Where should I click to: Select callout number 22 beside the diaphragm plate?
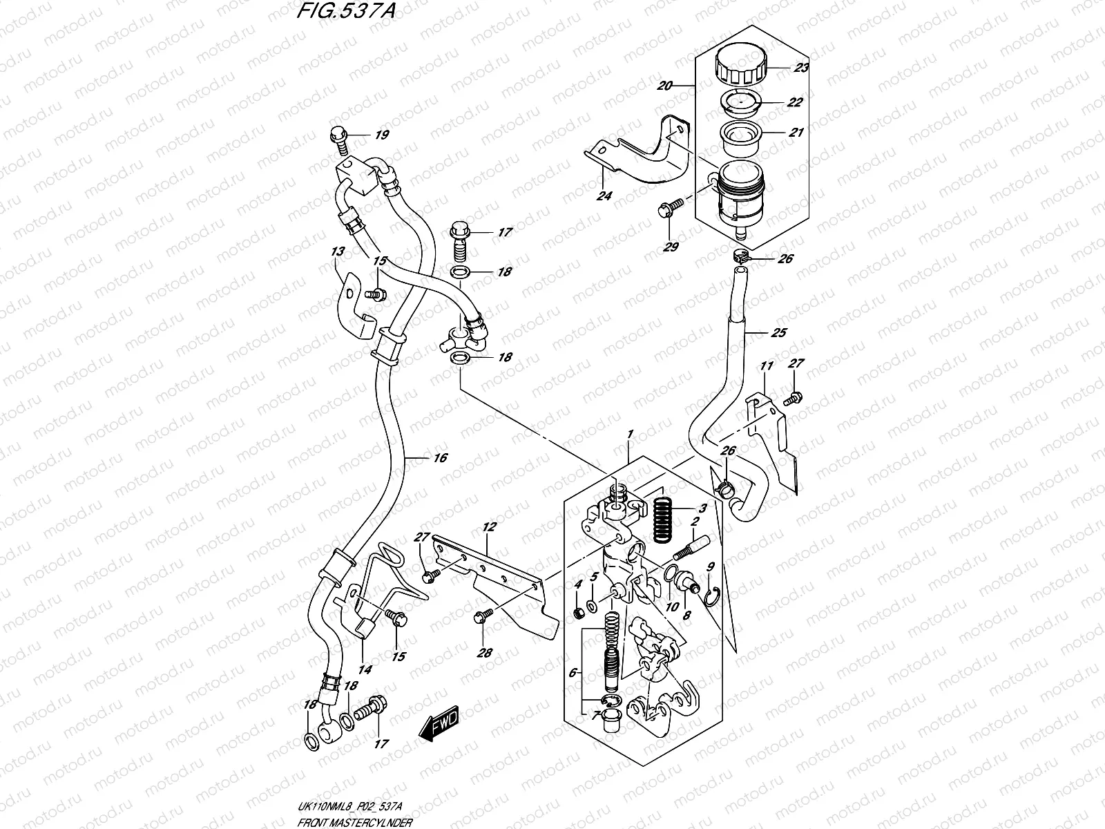click(795, 102)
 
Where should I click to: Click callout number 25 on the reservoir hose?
click(778, 333)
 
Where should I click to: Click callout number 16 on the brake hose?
click(440, 457)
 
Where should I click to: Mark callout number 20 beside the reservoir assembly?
click(665, 86)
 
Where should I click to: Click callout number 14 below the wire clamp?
click(365, 669)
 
